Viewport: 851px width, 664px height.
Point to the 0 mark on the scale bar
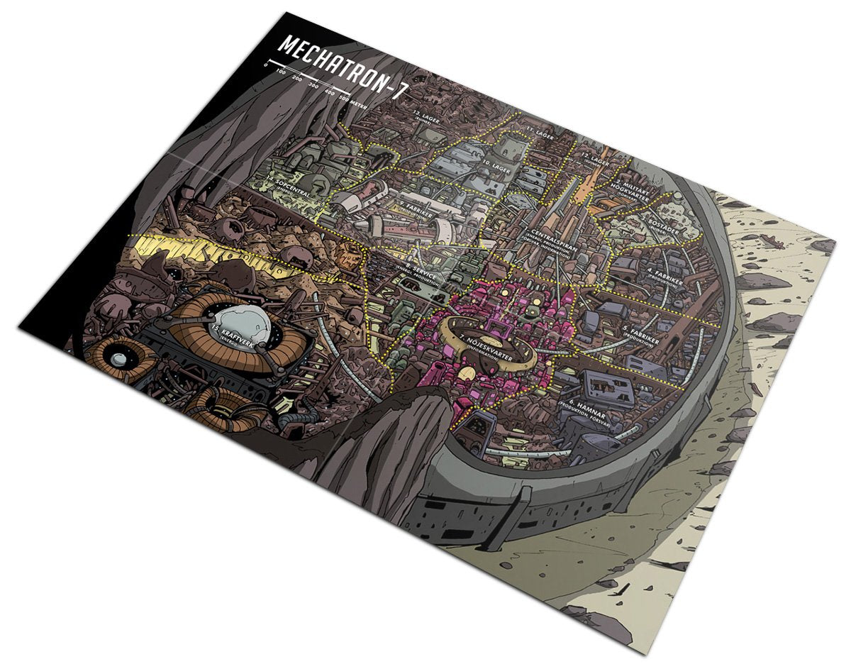pos(266,65)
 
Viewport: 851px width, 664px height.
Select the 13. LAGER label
pos(427,117)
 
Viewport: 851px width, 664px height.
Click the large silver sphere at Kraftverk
pos(239,324)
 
